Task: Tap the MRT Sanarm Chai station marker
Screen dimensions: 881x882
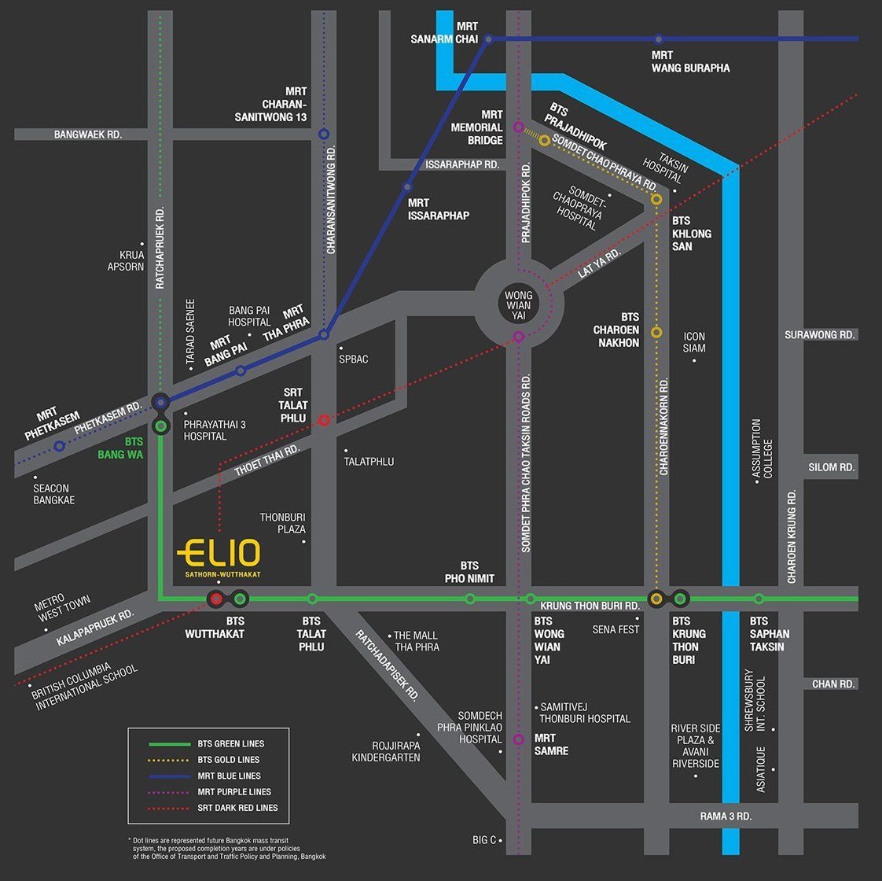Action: point(488,39)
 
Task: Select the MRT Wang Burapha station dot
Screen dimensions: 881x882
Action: point(659,39)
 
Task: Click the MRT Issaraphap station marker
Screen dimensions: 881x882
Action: point(407,187)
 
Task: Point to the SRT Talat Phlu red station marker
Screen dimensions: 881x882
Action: point(323,420)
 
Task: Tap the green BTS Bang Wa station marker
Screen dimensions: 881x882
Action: point(161,426)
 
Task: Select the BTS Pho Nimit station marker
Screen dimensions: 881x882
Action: point(470,599)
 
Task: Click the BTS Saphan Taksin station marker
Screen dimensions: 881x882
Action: point(759,599)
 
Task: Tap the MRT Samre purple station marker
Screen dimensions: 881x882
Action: point(519,739)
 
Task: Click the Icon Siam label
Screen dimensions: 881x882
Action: point(694,342)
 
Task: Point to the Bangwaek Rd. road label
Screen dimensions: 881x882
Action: point(88,135)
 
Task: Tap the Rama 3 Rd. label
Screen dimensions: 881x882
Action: point(726,816)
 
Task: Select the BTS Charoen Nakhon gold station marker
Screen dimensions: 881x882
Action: point(657,332)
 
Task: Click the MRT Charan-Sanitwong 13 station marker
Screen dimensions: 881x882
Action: point(324,135)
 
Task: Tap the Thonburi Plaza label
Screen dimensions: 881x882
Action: point(283,523)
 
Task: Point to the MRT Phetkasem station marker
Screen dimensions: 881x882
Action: point(59,446)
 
